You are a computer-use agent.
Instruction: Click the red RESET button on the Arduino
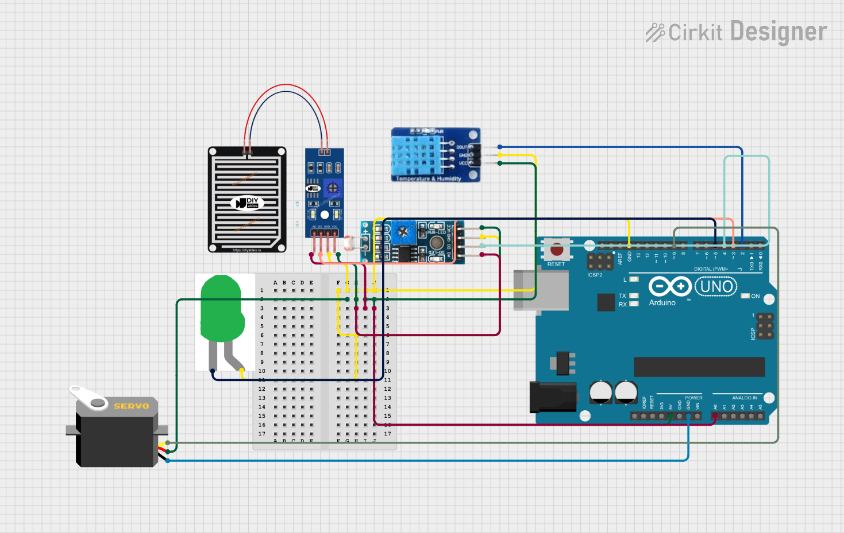(x=557, y=250)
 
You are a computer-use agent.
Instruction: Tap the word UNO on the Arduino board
(x=716, y=286)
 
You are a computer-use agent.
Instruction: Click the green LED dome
(x=221, y=310)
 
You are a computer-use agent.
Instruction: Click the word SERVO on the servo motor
(x=131, y=406)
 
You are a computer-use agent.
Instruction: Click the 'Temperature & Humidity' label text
(x=429, y=178)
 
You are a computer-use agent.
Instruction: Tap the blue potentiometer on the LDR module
(x=404, y=232)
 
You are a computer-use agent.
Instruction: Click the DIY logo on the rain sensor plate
(x=248, y=203)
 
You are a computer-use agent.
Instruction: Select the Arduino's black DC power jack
(x=552, y=397)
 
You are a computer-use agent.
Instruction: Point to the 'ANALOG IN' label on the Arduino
(x=744, y=398)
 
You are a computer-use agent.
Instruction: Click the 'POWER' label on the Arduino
(x=693, y=398)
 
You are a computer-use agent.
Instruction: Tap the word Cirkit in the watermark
(x=695, y=33)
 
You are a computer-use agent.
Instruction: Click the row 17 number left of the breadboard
(x=262, y=434)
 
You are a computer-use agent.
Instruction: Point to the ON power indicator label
(x=755, y=296)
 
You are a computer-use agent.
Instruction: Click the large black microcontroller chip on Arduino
(x=699, y=367)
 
